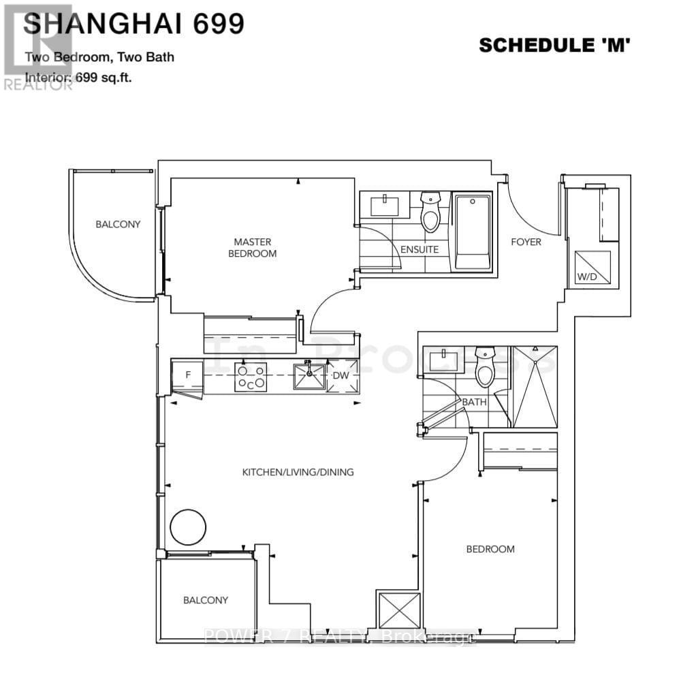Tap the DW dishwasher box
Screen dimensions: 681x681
point(340,376)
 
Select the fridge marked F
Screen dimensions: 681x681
point(187,375)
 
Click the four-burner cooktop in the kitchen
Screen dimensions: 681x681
point(251,377)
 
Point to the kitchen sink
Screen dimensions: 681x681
point(309,376)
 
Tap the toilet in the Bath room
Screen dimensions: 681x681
point(485,367)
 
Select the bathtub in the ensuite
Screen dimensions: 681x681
point(473,232)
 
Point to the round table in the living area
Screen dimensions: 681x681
point(187,526)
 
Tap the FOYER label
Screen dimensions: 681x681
point(526,242)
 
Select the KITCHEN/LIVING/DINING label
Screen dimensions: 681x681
point(299,472)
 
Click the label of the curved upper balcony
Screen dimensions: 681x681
point(118,224)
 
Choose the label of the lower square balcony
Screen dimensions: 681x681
point(205,600)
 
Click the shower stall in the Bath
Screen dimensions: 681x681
point(534,387)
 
